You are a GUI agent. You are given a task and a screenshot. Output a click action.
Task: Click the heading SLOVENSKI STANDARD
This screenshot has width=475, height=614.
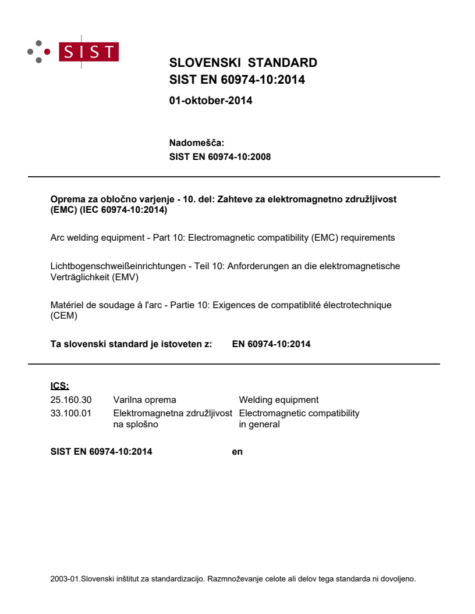point(243,63)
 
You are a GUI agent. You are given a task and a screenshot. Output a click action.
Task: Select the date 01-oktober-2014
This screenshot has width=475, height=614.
point(210,101)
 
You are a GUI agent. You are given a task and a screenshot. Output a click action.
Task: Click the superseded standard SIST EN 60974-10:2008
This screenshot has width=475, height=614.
point(219,156)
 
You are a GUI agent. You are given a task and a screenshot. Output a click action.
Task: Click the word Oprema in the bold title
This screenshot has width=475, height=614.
point(66,199)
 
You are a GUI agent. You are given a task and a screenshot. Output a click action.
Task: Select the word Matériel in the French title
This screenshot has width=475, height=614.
point(68,305)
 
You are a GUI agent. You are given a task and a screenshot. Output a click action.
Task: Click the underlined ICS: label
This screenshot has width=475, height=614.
point(60,385)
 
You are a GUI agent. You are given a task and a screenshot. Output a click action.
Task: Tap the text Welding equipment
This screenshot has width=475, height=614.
point(278,399)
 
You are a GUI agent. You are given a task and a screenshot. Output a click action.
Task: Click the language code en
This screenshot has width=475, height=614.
point(237,451)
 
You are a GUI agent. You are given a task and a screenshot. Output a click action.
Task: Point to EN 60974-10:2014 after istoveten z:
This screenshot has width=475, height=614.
point(271,344)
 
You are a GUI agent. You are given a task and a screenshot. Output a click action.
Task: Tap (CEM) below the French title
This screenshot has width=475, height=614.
point(64,316)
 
